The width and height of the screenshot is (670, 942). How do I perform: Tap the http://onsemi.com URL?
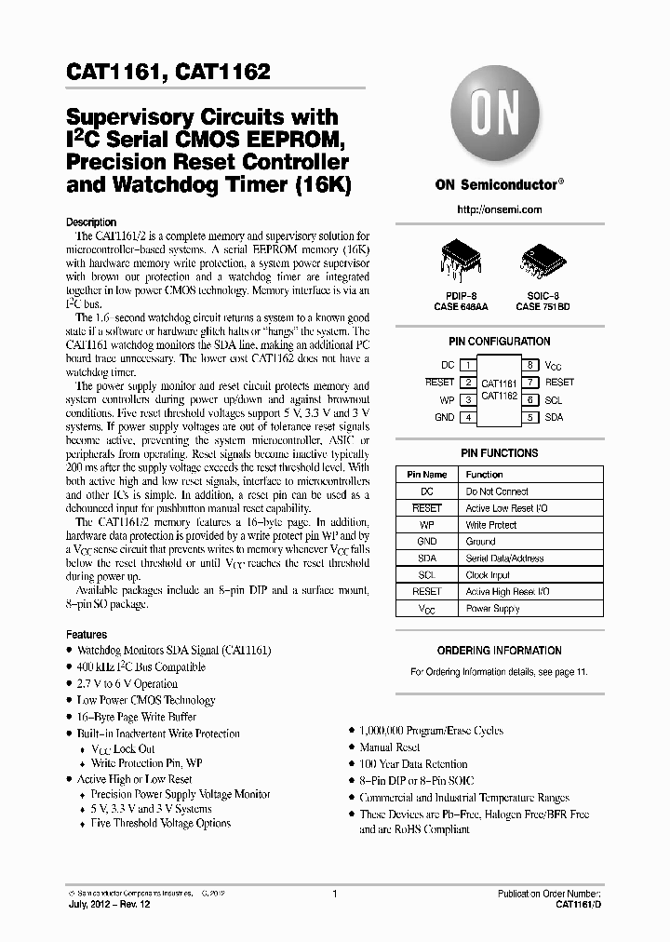tap(499, 209)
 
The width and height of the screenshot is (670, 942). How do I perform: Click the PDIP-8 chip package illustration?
tap(458, 258)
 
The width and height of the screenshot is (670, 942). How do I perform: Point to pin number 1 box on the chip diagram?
tap(467, 365)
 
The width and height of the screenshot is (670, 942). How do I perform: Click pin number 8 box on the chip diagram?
tap(529, 365)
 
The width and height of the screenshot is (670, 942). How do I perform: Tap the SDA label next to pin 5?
tap(555, 417)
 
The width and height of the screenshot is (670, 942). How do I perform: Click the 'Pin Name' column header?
tap(427, 474)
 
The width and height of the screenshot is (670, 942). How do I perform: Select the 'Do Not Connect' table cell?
tap(497, 491)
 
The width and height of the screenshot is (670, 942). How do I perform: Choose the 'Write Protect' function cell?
tap(490, 525)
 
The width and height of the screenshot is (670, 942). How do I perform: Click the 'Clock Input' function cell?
tap(489, 575)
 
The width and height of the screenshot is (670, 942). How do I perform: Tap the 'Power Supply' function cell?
tap(492, 609)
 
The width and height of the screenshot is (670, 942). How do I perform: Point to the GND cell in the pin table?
tap(427, 541)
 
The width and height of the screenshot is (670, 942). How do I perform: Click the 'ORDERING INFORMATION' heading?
tap(499, 651)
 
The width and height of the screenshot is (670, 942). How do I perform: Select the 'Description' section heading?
tap(92, 222)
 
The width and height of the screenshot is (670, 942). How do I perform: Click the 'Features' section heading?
tap(87, 634)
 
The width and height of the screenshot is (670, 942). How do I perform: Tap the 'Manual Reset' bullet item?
tap(390, 747)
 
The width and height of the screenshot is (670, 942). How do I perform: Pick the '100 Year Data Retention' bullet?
tap(414, 764)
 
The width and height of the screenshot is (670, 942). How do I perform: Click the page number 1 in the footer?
tap(334, 894)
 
